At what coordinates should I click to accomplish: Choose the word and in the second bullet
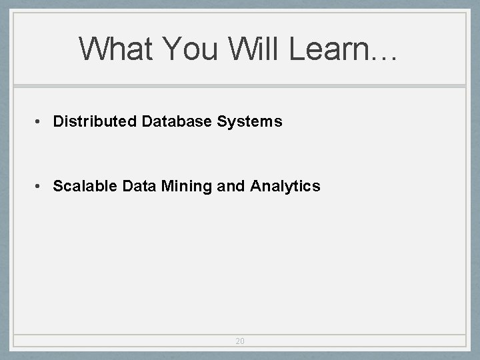tap(231, 187)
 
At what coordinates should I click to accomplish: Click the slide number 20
tap(240, 341)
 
